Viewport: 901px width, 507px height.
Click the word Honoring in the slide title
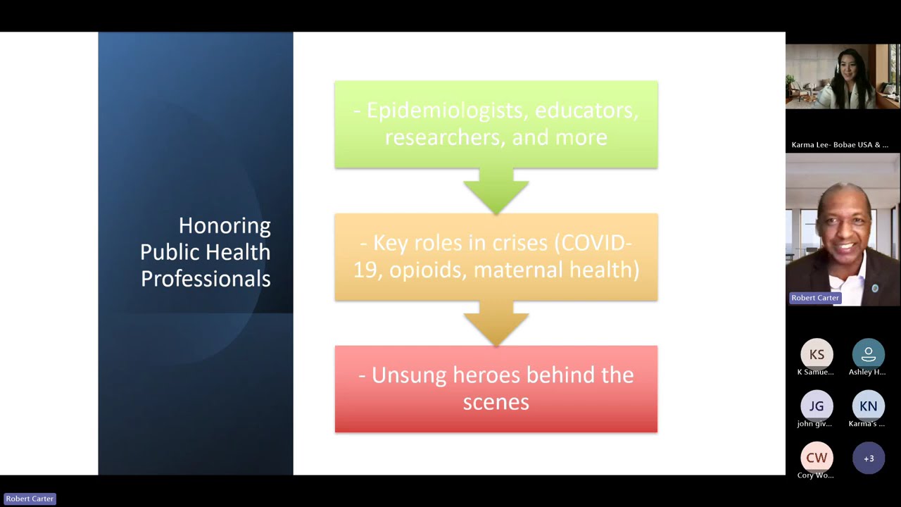tap(225, 225)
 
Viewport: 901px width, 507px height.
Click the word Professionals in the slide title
tap(206, 279)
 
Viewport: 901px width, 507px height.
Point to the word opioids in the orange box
tap(427, 270)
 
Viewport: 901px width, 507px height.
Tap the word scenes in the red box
tap(496, 402)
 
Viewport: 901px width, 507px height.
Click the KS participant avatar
tap(817, 355)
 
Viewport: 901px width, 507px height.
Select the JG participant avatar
tap(817, 406)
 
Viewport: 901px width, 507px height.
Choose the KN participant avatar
tap(868, 406)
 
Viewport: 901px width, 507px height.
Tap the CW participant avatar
tap(817, 458)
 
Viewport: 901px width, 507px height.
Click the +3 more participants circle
tap(868, 458)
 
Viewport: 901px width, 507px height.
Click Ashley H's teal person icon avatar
tap(868, 355)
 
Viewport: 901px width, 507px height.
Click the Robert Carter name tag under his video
tap(814, 298)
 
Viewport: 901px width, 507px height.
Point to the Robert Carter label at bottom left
tap(30, 499)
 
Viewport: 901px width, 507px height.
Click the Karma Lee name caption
tap(839, 145)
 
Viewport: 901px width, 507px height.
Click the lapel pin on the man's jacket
tap(875, 289)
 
